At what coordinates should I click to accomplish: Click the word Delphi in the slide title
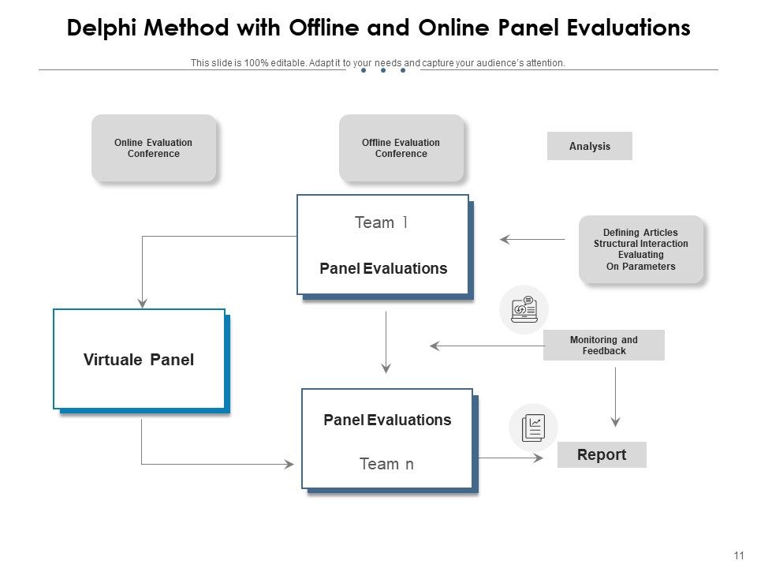coord(103,28)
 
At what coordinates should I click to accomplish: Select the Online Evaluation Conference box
coord(154,148)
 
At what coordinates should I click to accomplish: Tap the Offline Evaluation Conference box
coord(401,148)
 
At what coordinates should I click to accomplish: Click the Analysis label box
coord(590,146)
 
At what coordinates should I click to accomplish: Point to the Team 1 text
coord(382,222)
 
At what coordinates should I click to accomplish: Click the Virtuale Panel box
coord(139,360)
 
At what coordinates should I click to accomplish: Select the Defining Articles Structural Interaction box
coord(640,249)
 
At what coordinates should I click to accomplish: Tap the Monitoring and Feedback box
coord(604,346)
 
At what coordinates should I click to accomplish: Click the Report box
coord(602,454)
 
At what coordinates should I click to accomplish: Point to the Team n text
coord(386,464)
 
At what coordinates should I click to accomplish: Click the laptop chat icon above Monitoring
coord(524,309)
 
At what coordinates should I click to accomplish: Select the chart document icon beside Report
coord(533,428)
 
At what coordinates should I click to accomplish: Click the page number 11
coord(739,555)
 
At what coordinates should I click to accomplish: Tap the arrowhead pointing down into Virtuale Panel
coord(142,301)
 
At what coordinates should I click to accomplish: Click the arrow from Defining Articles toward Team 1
coord(532,239)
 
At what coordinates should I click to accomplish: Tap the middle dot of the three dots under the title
coord(383,70)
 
